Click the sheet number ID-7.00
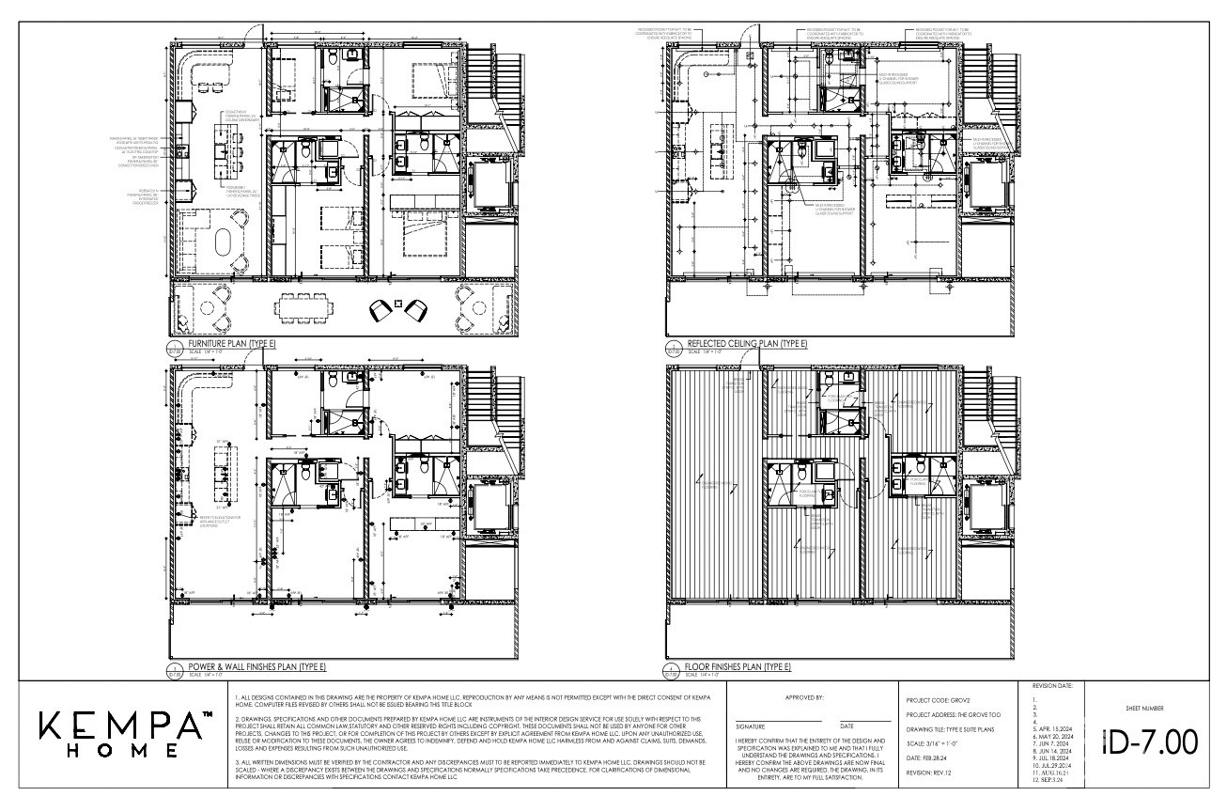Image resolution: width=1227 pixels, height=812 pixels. (1149, 742)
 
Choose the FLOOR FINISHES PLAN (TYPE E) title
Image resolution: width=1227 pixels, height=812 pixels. (738, 666)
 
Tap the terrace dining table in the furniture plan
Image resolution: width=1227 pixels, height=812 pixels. (304, 307)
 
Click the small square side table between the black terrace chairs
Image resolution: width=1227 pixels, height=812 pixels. (398, 304)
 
